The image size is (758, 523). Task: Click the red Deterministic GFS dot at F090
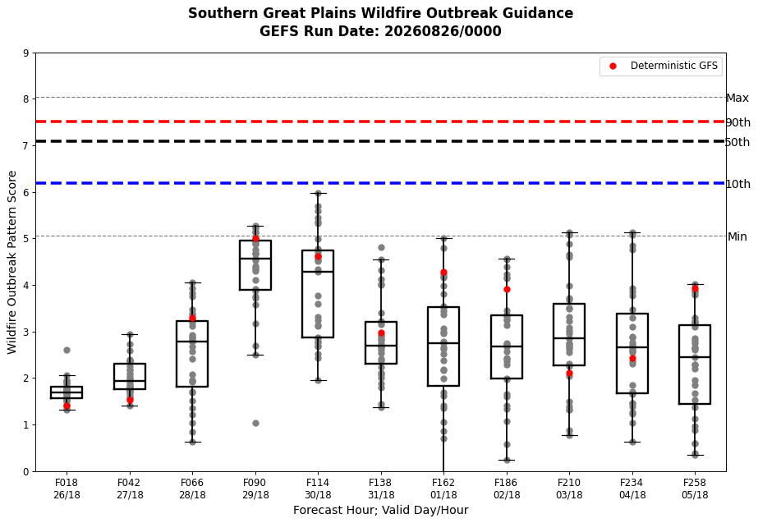(x=255, y=239)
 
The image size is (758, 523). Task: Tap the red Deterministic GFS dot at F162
(x=443, y=273)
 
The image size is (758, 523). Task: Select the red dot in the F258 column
(x=695, y=288)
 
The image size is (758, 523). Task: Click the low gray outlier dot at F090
(x=255, y=423)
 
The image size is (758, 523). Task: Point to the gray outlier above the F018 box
(x=67, y=350)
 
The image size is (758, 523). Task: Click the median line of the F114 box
(x=318, y=272)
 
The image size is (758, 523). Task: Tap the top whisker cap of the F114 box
(x=318, y=193)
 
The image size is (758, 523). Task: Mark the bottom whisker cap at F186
(x=507, y=460)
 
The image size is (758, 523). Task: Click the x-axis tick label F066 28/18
(x=192, y=489)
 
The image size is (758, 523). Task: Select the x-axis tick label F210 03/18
(x=569, y=489)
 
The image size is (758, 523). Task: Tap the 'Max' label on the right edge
(x=737, y=99)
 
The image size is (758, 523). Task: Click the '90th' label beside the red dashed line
(x=738, y=122)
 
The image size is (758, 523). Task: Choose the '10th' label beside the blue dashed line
(x=738, y=184)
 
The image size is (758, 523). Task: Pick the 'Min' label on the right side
(x=737, y=236)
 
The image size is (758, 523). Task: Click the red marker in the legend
(x=613, y=67)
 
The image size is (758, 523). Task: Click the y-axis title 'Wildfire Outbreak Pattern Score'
(x=12, y=263)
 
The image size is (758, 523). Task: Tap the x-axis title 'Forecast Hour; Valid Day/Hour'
(x=380, y=510)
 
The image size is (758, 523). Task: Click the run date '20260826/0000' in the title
(x=443, y=31)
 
